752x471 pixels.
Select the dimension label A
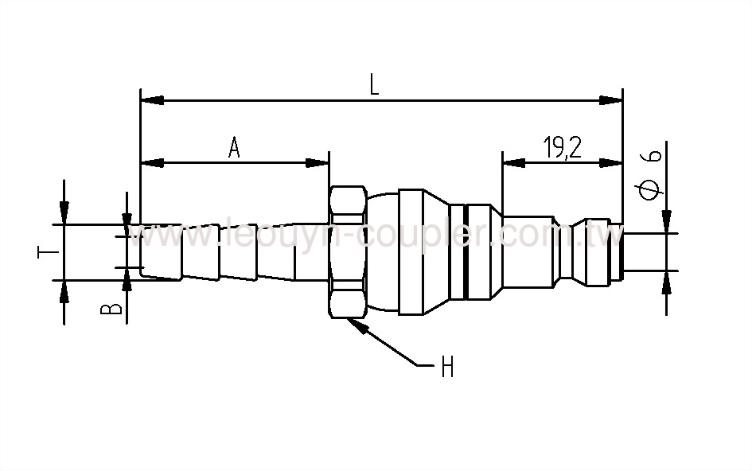click(234, 148)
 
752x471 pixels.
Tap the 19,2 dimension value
click(562, 149)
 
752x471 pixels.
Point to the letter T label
click(45, 253)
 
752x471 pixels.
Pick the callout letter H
click(446, 368)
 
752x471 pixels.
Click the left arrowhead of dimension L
click(151, 100)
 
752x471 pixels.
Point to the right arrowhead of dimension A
click(318, 163)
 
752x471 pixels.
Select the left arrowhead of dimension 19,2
click(513, 163)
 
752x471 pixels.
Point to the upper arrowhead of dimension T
click(64, 213)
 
